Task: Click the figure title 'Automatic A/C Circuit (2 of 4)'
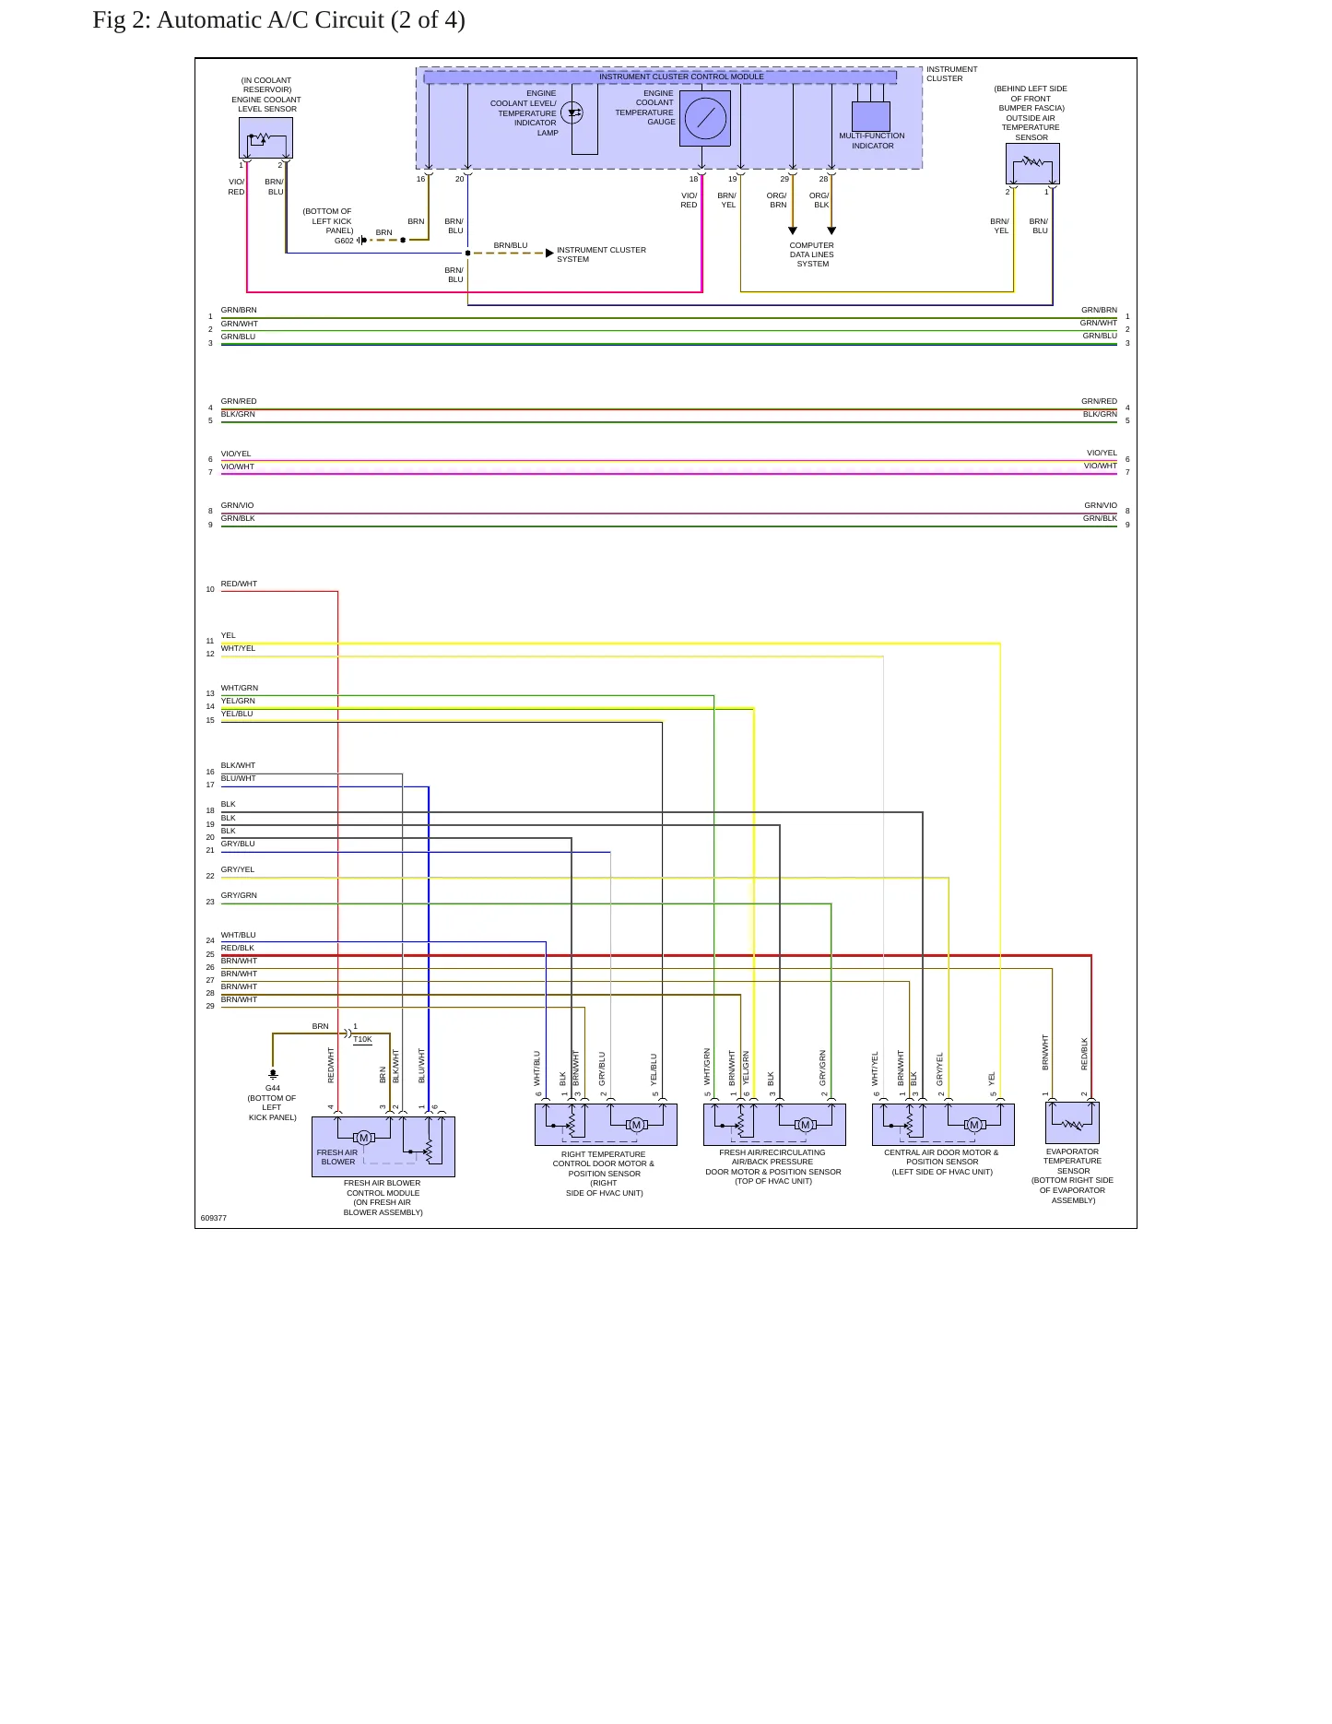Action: point(311,20)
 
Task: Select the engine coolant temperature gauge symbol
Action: point(705,118)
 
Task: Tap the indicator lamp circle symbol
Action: point(572,113)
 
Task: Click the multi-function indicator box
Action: point(870,116)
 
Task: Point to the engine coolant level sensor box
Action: point(265,138)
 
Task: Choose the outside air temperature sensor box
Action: point(1032,163)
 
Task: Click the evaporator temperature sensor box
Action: point(1072,1123)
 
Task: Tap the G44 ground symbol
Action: point(273,1074)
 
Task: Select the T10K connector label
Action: point(362,1039)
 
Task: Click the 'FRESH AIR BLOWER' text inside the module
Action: point(336,1157)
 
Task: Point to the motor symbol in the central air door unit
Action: point(974,1125)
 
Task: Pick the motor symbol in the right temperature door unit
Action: point(636,1125)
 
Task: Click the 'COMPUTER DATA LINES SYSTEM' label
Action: point(811,254)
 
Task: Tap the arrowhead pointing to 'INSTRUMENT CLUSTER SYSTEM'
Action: point(549,253)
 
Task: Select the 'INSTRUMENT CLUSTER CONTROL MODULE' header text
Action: point(681,77)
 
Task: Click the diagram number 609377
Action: point(213,1218)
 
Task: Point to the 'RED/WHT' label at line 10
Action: point(239,584)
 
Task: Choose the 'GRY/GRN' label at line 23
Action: point(239,895)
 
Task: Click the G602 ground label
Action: point(344,241)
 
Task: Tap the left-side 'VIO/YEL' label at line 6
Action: point(236,454)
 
